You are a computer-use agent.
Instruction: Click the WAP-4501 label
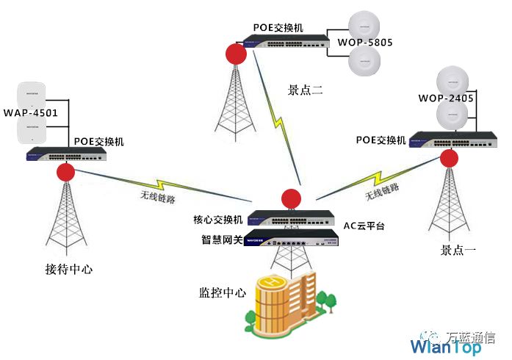(30, 113)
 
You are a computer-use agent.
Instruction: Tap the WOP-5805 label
(365, 43)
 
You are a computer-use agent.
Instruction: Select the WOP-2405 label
(446, 98)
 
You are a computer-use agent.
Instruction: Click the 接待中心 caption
(69, 270)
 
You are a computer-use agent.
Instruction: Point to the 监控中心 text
(223, 292)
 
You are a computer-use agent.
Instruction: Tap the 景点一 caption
(458, 251)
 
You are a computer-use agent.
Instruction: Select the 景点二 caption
(306, 90)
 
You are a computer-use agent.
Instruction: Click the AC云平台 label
(364, 226)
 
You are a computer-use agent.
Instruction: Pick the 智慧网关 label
(222, 240)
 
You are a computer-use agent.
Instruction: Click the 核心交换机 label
(217, 220)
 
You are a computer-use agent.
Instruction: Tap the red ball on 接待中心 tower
(66, 172)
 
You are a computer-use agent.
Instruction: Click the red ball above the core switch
(291, 198)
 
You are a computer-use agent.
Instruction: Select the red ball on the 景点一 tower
(449, 159)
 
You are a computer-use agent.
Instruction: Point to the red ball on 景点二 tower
(236, 54)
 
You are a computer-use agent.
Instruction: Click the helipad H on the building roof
(272, 281)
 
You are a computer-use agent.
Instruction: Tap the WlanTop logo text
(445, 347)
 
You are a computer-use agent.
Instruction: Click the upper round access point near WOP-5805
(364, 27)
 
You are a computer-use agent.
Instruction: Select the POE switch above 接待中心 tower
(66, 154)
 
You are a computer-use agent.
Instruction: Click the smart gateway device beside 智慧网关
(292, 238)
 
